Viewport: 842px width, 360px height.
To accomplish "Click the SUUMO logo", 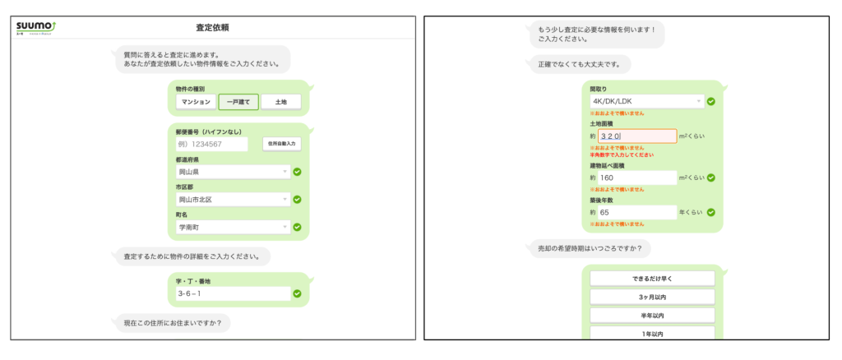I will coord(34,27).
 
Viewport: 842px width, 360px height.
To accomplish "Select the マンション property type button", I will coord(196,103).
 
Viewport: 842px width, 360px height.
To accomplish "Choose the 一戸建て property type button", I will coord(238,103).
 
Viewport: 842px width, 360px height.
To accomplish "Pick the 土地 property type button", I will coord(280,103).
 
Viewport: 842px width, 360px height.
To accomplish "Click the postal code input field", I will coord(211,144).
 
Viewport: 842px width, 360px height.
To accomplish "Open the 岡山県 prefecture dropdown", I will coord(234,172).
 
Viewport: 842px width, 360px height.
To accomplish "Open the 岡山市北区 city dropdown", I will coord(234,199).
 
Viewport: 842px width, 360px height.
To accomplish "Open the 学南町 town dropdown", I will coord(234,226).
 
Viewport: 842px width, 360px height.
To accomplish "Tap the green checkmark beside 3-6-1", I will coord(297,293).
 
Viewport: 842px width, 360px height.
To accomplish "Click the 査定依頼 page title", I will coord(212,27).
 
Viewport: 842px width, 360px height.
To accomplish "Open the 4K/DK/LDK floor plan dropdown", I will coord(646,101).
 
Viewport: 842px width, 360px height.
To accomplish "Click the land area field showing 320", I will coord(632,136).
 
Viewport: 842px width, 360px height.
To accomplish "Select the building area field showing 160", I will coord(632,177).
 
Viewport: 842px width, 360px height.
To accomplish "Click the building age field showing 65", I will coord(632,212).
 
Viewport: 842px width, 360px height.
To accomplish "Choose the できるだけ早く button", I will coord(652,278).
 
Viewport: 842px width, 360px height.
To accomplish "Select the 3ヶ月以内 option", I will coord(652,297).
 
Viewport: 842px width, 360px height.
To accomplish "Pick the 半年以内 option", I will coord(652,316).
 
